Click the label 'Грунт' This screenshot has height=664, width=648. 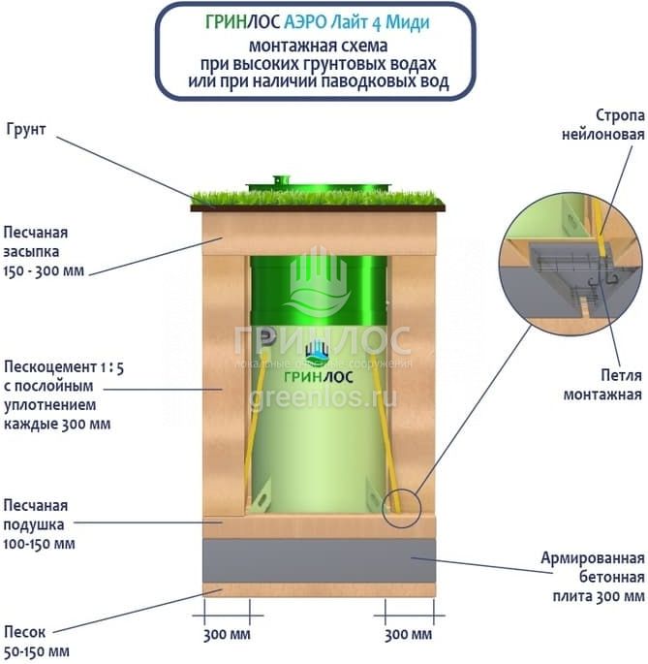click(x=26, y=130)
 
